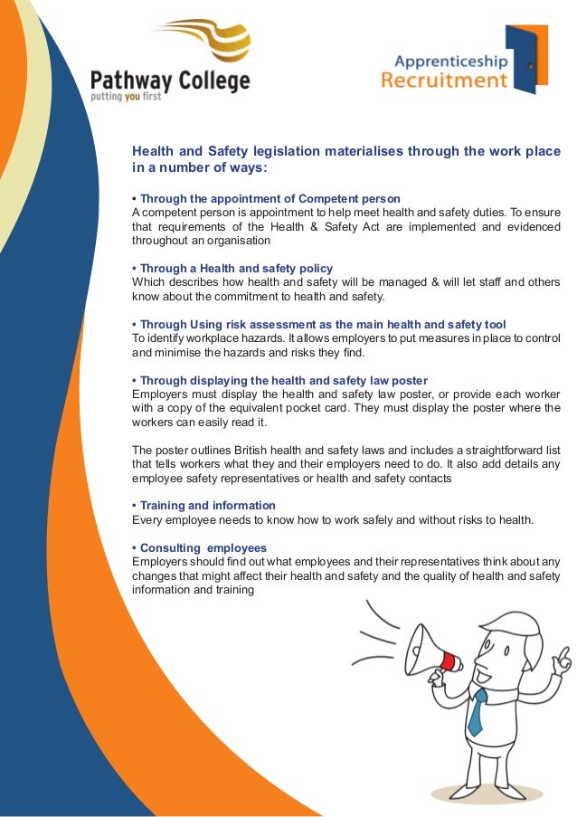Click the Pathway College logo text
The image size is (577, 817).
[x=170, y=81]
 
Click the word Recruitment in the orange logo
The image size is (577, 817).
[x=443, y=81]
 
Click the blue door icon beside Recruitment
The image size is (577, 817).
[x=527, y=59]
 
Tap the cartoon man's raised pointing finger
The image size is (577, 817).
[x=564, y=654]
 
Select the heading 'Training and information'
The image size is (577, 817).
[x=203, y=505]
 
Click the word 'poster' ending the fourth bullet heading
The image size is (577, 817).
[x=409, y=380]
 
